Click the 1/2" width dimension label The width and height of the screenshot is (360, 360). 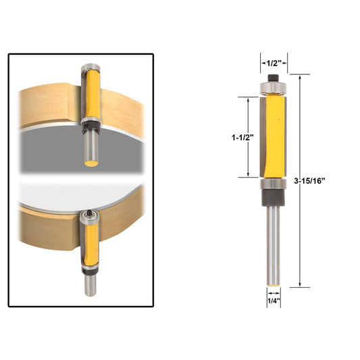point(274,63)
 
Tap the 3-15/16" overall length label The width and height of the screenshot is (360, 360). point(311,180)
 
